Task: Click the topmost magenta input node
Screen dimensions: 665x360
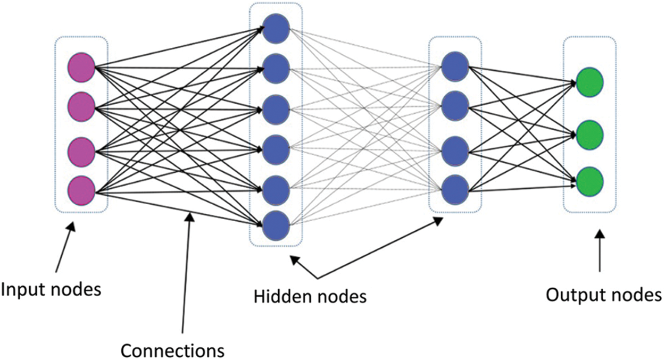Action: point(81,68)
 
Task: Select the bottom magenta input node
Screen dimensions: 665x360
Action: point(81,190)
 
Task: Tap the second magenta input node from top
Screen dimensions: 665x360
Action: point(81,107)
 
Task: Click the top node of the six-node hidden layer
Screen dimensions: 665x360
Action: point(276,29)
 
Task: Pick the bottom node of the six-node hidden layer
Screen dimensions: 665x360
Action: point(276,225)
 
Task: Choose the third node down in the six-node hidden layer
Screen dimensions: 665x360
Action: point(276,110)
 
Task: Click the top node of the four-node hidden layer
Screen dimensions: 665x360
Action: point(455,66)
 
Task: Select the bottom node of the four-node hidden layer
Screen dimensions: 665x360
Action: point(455,190)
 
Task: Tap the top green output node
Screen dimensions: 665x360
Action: point(589,82)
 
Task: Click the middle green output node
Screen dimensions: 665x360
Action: point(589,135)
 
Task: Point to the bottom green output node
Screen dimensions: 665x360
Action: point(589,182)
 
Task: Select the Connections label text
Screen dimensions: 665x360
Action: point(172,351)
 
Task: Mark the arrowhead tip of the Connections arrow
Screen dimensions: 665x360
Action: point(190,213)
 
